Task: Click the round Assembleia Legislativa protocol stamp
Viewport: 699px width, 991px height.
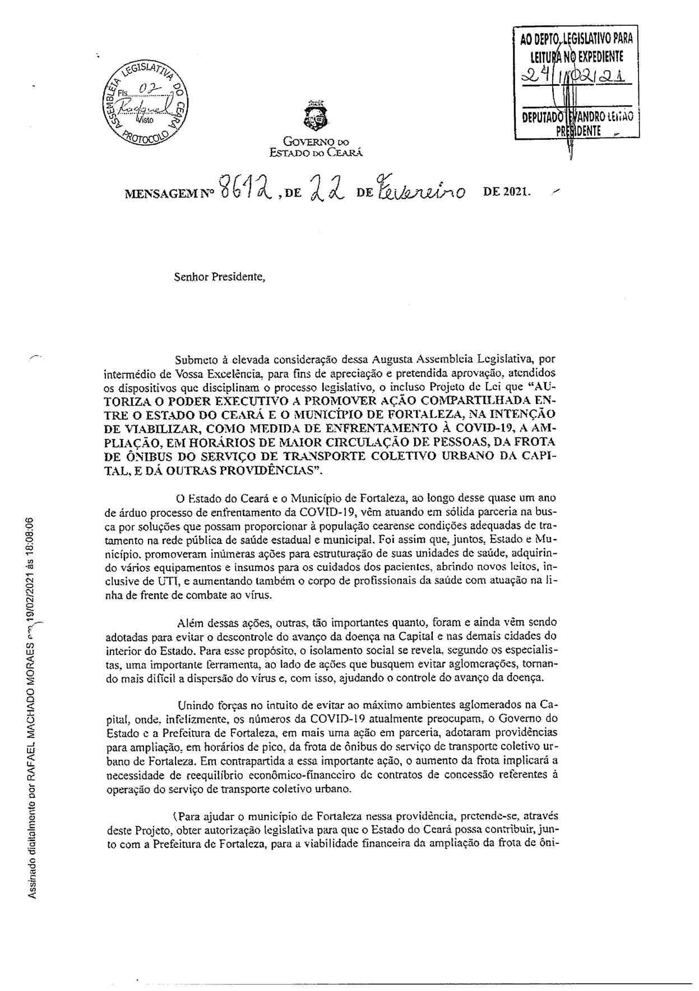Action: click(147, 102)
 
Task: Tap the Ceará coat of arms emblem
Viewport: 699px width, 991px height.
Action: click(314, 115)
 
